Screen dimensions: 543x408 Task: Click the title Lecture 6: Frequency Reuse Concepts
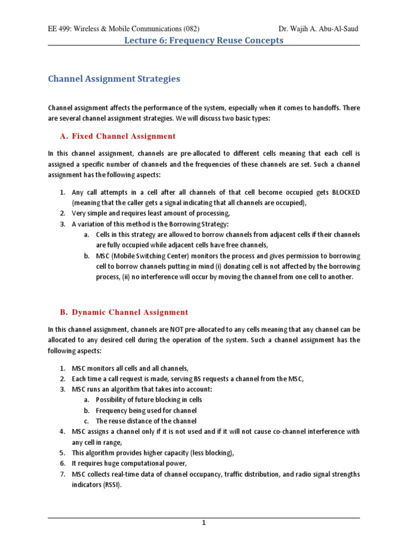(204, 40)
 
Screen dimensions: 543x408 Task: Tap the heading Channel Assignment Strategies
(114, 79)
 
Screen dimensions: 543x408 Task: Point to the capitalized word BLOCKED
(346, 192)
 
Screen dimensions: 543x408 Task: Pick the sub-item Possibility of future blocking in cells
(149, 400)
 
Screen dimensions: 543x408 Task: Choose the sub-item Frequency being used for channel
(146, 410)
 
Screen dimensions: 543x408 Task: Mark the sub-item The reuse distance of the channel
(147, 421)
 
